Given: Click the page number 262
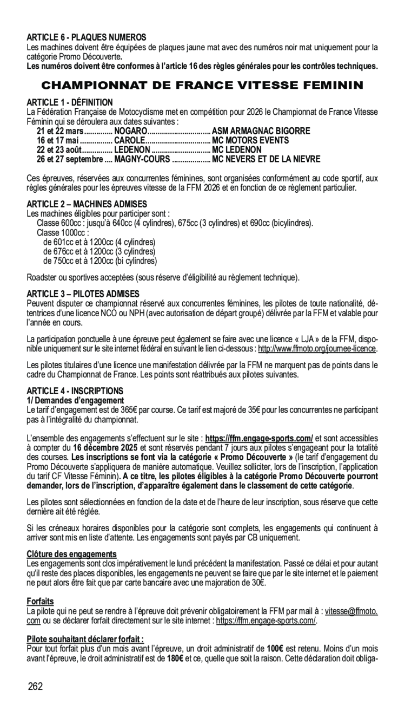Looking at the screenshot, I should pyautogui.click(x=36, y=687).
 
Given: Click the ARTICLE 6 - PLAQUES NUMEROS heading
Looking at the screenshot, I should pyautogui.click(x=87, y=37).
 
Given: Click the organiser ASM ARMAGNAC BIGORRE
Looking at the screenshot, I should pyautogui.click(x=261, y=131).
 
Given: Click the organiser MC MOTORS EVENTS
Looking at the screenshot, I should pyautogui.click(x=250, y=140).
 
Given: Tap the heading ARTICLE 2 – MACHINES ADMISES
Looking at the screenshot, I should pyautogui.click(x=87, y=204).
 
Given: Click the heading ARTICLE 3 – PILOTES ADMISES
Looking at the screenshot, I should pyautogui.click(x=83, y=294).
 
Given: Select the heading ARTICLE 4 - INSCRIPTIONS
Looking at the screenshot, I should pyautogui.click(x=75, y=390).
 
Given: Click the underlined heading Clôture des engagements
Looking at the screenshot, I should pyautogui.click(x=72, y=554).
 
